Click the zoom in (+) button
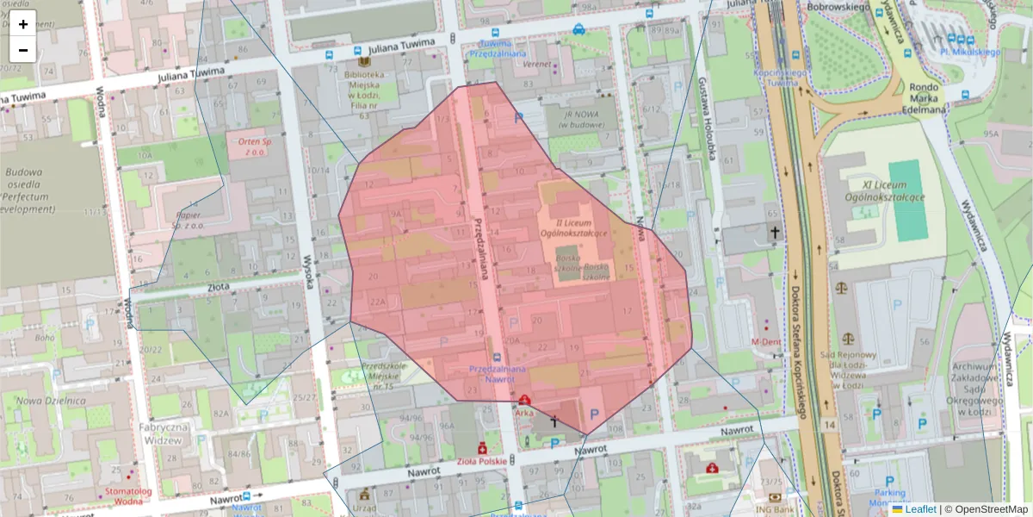[23, 24]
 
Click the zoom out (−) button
[23, 50]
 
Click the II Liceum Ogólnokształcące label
[574, 227]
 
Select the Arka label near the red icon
[524, 413]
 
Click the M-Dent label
[765, 342]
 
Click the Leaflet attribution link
[920, 509]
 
